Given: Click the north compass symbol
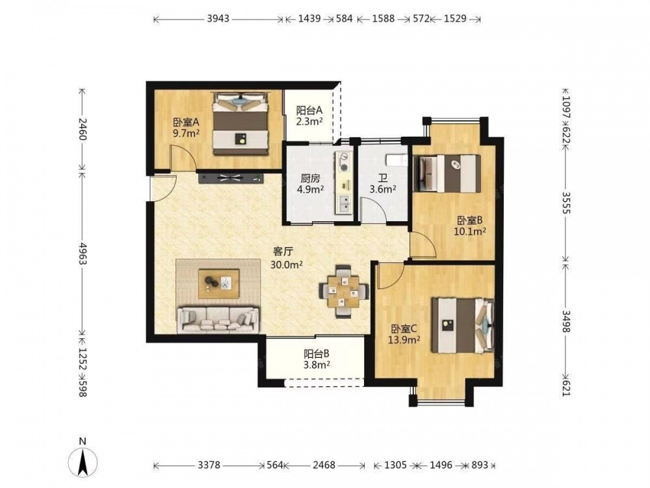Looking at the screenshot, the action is click(83, 461).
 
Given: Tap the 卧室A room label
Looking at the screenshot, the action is click(186, 123).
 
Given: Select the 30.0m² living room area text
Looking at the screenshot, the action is click(286, 264).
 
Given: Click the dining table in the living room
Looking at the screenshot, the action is click(344, 291).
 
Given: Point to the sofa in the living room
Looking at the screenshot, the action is click(218, 319).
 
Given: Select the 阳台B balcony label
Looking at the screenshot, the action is click(317, 354).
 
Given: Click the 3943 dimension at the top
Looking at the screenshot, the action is click(218, 19).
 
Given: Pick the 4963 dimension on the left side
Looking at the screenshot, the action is click(83, 254).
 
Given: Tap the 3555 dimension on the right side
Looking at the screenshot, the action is click(566, 202).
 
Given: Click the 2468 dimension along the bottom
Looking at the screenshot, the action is click(324, 465).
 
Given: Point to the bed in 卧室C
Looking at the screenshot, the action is click(463, 325).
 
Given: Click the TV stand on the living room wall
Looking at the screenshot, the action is click(231, 178).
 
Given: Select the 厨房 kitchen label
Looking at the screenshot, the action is click(311, 179).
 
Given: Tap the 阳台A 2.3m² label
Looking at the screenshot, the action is click(309, 116).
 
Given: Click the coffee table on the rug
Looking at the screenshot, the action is click(219, 284).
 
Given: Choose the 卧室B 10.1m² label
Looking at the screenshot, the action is click(470, 226).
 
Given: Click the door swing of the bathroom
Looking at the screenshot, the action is click(374, 210).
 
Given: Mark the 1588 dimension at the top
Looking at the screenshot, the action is click(383, 19).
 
